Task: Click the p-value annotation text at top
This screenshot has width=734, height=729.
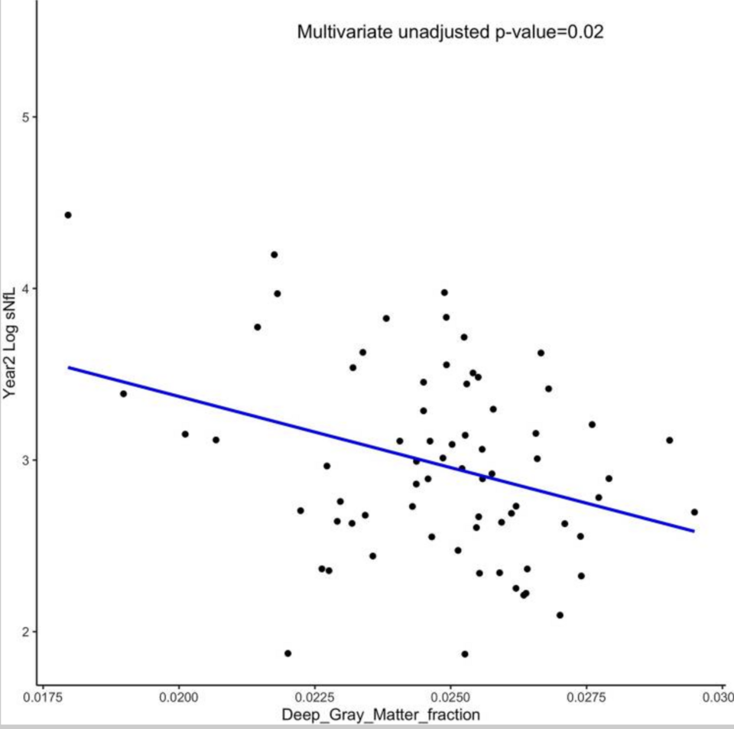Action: click(x=450, y=33)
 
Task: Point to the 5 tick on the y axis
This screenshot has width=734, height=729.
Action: click(x=25, y=117)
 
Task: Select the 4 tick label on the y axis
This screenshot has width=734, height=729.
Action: click(x=25, y=288)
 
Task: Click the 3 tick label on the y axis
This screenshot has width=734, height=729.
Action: click(x=25, y=460)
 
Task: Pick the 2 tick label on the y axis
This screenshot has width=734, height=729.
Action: click(x=25, y=632)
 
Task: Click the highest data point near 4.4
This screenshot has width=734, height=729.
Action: click(x=68, y=215)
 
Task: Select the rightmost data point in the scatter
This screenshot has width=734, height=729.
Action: click(x=694, y=512)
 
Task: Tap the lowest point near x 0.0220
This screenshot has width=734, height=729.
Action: click(x=287, y=653)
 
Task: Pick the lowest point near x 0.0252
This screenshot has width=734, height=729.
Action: click(x=465, y=654)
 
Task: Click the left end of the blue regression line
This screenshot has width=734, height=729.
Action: click(x=69, y=368)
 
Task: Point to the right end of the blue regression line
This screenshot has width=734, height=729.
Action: click(x=693, y=531)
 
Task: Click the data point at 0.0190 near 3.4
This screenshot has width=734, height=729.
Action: click(x=123, y=394)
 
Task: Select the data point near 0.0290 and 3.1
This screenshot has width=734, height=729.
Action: click(x=669, y=440)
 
